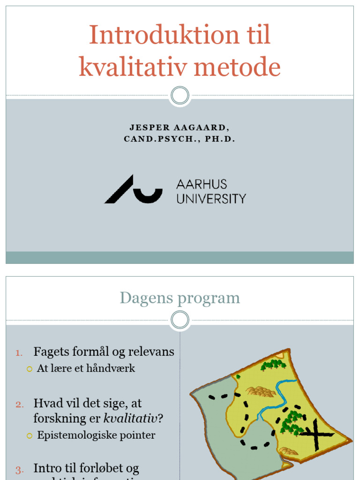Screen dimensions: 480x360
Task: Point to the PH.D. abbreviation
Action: click(220, 140)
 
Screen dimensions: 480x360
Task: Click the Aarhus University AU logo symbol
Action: click(133, 189)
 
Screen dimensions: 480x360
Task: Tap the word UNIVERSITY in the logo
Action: click(211, 199)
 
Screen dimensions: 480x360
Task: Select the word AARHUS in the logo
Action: click(202, 184)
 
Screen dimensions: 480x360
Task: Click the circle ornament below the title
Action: click(180, 96)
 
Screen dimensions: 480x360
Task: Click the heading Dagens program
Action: click(180, 298)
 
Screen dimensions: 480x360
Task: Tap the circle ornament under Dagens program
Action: click(180, 320)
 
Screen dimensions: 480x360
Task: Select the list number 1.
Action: click(18, 353)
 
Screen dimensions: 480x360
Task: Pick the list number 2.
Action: click(19, 405)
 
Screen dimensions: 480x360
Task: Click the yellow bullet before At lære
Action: click(30, 369)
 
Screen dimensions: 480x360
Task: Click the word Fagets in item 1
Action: click(50, 352)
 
